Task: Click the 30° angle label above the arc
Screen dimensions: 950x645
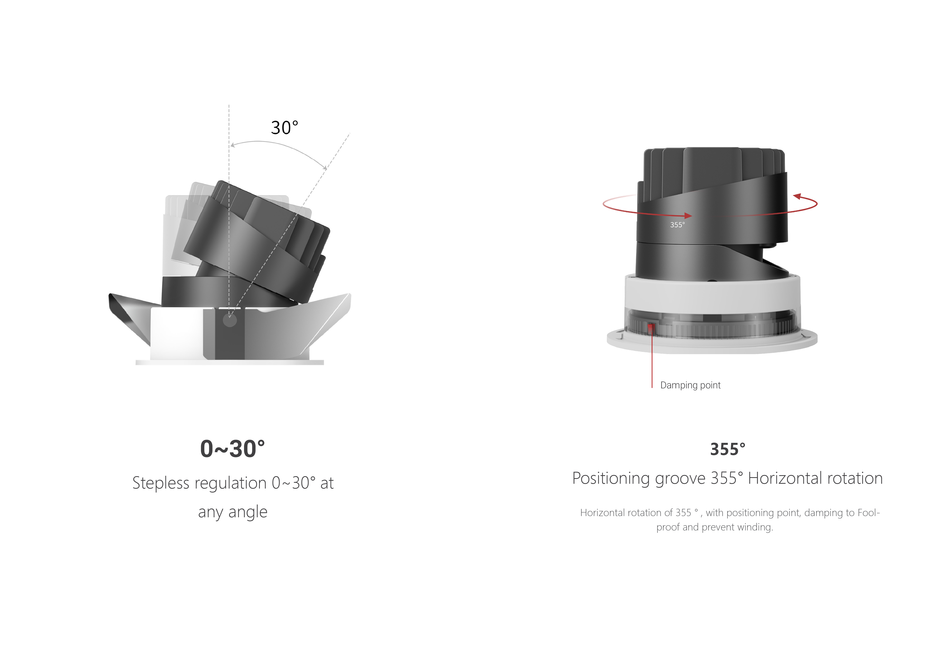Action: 284,128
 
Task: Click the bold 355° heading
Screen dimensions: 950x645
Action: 728,449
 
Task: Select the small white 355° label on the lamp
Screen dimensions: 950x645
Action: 677,225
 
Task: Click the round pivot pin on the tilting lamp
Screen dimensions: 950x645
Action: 230,320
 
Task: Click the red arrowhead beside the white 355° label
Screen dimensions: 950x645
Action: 688,216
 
